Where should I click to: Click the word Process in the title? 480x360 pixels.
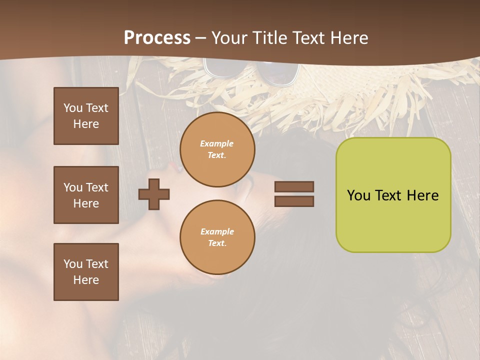[x=157, y=38]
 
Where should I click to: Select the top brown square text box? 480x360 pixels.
[x=86, y=116]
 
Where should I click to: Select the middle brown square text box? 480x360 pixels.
[x=86, y=195]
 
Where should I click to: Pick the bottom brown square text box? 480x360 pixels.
[x=86, y=272]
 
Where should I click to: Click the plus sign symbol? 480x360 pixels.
[x=154, y=194]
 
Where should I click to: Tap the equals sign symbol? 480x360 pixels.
[x=294, y=194]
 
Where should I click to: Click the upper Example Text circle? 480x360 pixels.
[x=217, y=149]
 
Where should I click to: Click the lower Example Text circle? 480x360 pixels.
[x=217, y=237]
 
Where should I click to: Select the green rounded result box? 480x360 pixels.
[x=393, y=195]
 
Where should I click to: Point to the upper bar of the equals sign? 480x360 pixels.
[x=294, y=187]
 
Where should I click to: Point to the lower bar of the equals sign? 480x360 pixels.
[x=294, y=201]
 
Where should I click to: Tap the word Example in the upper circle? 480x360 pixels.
[x=217, y=143]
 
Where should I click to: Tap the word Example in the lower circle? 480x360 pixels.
[x=217, y=231]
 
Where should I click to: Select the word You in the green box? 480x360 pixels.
[x=358, y=195]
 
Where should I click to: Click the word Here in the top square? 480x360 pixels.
[x=86, y=124]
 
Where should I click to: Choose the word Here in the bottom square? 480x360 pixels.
[x=86, y=280]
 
